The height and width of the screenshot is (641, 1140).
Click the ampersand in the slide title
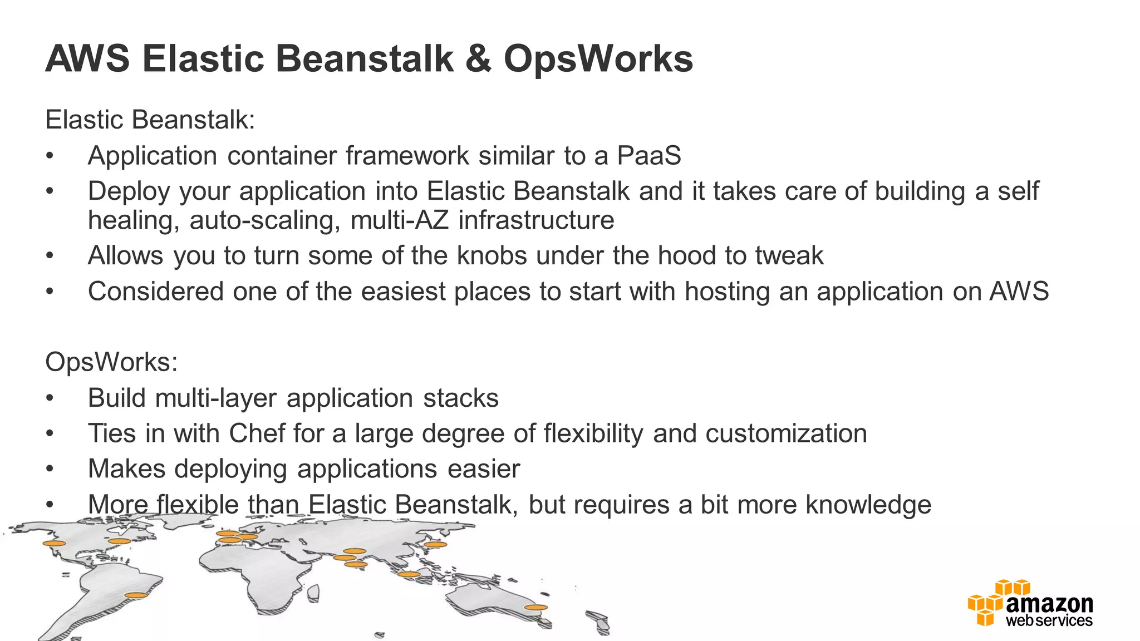coord(478,59)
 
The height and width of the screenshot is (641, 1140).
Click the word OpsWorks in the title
coord(598,59)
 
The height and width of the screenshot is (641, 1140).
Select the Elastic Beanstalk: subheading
coord(150,120)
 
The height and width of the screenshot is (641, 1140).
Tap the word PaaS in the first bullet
coord(649,156)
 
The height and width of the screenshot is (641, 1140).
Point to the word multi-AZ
coord(399,220)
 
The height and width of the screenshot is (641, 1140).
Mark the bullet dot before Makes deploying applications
coord(50,469)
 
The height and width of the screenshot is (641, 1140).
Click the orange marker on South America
coord(136,595)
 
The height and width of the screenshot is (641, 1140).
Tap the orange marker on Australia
coord(536,608)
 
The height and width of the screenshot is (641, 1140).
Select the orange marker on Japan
coord(435,544)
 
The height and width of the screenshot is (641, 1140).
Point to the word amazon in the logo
coord(1049,604)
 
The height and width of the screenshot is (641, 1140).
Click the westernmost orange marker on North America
coord(55,543)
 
